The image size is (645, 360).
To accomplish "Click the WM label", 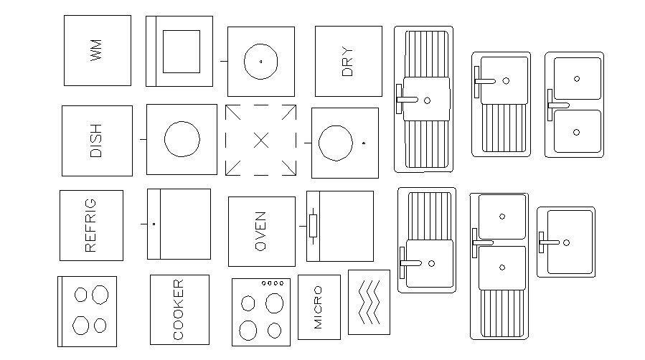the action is pos(98,51).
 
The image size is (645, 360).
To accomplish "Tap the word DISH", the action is pos(96,141).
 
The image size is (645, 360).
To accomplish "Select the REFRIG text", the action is pos(90,226).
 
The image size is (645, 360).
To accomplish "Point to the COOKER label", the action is pos(179,309).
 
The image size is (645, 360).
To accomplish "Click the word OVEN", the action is pos(260,232).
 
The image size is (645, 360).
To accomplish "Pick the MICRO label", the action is pos(319,308).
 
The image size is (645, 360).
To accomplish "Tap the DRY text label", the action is pos(348,62).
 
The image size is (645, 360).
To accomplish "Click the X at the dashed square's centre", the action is pos(261,141).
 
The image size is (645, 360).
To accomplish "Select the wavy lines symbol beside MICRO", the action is pos(369,301).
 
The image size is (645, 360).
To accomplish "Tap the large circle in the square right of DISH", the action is pos(182,139).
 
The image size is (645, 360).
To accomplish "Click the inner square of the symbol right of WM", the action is pos(181,51).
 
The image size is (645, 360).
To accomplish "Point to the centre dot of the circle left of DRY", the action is pos(260,62).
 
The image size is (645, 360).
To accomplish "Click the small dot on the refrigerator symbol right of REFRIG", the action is pos(154,224).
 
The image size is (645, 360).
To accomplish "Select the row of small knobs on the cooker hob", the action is pos(273,283).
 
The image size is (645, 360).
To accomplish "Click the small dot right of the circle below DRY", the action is pos(364,143).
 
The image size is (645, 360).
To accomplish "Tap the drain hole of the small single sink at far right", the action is pos(567,242).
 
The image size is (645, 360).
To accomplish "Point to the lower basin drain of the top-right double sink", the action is pos(577,131).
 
